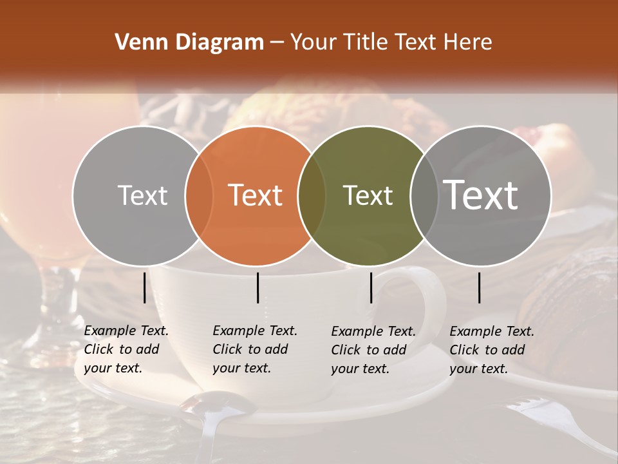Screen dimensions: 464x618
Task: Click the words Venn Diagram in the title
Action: [189, 43]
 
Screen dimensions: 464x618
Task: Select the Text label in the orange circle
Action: [256, 195]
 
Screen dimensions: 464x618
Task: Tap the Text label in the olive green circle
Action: [368, 195]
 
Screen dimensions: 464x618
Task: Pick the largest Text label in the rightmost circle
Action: [481, 195]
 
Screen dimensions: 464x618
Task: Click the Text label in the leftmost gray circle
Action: [142, 195]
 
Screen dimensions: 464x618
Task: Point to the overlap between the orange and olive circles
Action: [312, 195]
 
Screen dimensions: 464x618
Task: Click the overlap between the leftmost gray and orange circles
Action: [199, 195]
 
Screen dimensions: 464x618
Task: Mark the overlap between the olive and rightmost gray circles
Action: [424, 195]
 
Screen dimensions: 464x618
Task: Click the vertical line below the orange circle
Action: [257, 287]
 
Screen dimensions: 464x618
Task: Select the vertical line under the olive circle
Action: [371, 287]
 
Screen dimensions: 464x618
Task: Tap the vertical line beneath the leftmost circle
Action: [145, 287]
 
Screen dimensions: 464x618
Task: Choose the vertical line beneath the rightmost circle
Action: [480, 287]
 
